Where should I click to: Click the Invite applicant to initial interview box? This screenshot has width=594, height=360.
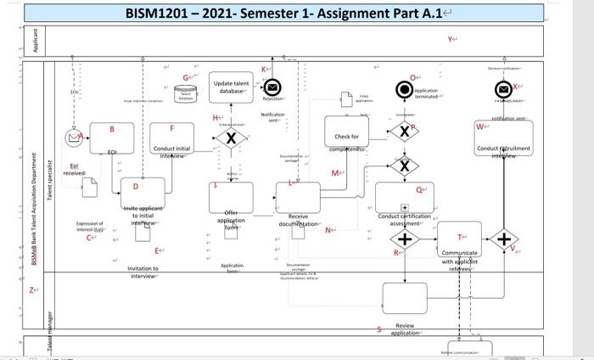(141, 196)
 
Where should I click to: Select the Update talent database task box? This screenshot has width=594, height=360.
(231, 89)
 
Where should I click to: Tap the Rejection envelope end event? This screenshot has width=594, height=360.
(272, 87)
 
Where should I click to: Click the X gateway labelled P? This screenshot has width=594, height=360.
(404, 132)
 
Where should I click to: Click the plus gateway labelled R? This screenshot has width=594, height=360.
(405, 240)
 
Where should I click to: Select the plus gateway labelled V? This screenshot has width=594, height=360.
(506, 240)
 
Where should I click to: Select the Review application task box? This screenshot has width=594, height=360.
(404, 298)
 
